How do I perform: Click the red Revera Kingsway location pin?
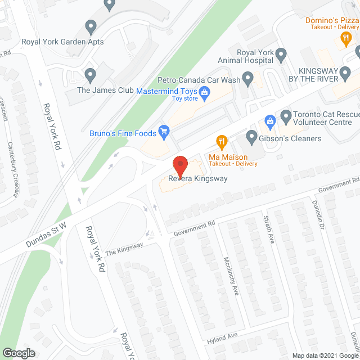tap(180, 165)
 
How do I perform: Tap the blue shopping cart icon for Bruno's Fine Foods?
tap(164, 133)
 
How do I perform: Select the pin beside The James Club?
tap(90, 74)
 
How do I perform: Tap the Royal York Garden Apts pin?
tap(91, 26)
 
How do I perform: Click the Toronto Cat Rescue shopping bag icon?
tap(271, 120)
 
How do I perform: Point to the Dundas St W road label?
tap(46, 235)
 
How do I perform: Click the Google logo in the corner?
tap(18, 353)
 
